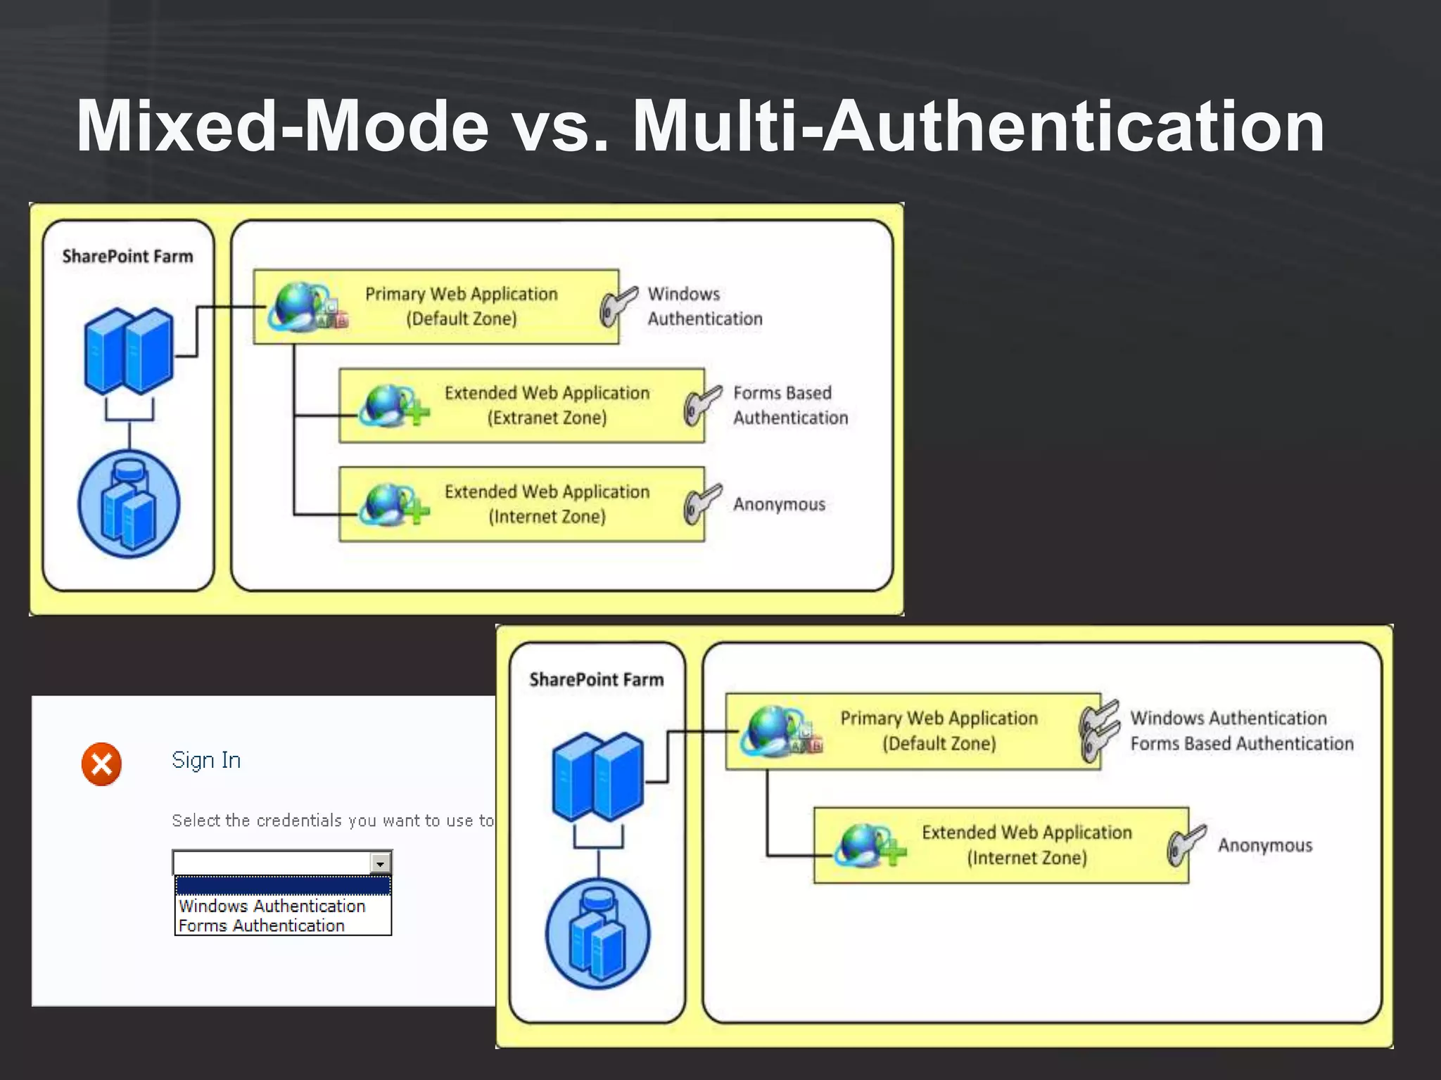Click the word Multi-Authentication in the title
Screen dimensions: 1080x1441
tap(978, 127)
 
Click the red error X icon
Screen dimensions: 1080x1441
tap(101, 764)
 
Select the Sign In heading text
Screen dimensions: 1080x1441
tap(206, 760)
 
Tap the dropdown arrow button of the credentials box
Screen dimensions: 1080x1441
tap(380, 863)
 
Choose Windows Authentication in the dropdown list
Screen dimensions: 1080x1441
tap(272, 906)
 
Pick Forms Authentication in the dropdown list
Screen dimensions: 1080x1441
tap(262, 925)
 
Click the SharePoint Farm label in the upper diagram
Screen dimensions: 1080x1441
tap(127, 256)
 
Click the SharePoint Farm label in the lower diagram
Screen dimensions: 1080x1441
tap(596, 679)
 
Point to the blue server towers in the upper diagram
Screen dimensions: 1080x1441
tap(129, 350)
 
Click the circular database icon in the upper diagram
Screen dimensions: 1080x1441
tap(129, 504)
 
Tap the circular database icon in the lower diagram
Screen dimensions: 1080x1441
tap(597, 933)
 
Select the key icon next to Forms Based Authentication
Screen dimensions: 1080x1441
tap(702, 405)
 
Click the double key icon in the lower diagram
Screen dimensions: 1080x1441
tap(1098, 731)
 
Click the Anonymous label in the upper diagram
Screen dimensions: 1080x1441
tap(779, 504)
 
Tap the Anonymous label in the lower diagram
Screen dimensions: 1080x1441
tap(1264, 845)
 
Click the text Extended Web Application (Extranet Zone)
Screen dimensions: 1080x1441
tap(547, 405)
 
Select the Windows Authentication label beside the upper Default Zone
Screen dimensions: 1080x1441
tap(704, 306)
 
